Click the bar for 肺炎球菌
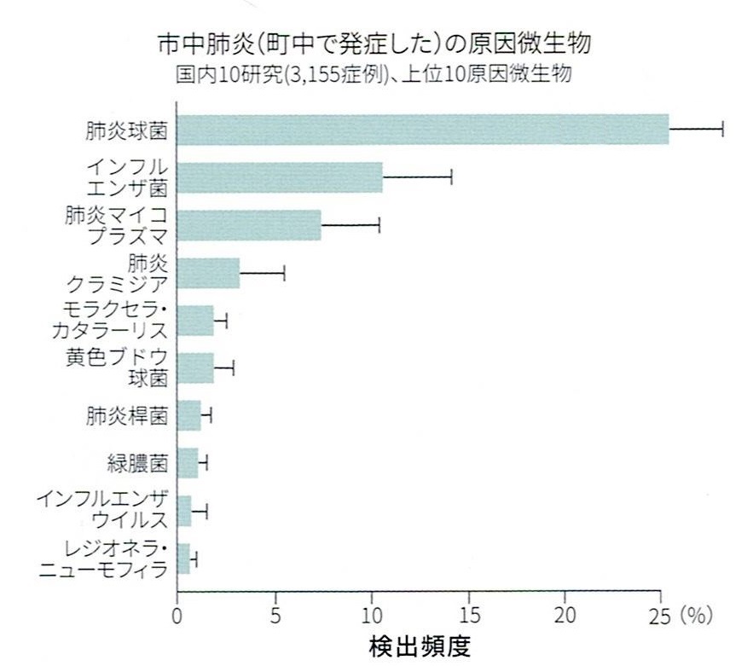[422, 129]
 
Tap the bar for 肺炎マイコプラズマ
[249, 225]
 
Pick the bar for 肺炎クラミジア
[208, 273]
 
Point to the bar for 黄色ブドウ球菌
[195, 368]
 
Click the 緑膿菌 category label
[138, 464]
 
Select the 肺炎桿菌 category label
[126, 416]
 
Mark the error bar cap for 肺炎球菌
[722, 129]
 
